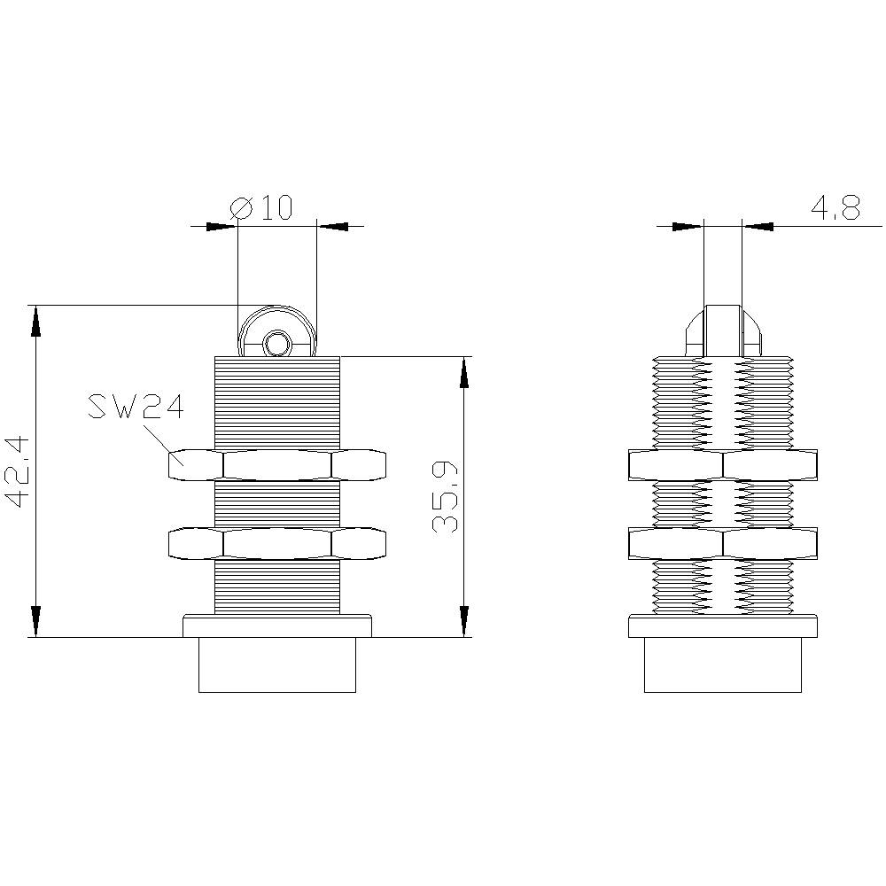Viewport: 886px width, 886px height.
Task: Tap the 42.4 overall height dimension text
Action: (x=19, y=470)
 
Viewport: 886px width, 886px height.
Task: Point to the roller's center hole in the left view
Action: (x=277, y=342)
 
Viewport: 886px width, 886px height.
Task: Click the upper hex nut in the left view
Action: (x=277, y=464)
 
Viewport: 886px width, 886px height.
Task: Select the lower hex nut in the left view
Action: (x=277, y=544)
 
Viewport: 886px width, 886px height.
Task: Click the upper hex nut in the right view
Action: (x=722, y=464)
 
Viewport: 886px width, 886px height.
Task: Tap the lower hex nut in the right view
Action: (x=722, y=542)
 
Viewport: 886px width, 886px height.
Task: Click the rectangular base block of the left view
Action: (x=277, y=664)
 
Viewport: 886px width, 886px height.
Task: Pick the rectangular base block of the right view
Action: (x=722, y=664)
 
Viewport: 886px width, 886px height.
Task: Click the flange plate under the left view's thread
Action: (x=277, y=626)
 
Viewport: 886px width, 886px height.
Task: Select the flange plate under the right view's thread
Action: (x=722, y=626)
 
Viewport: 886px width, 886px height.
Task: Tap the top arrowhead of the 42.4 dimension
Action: (x=35, y=319)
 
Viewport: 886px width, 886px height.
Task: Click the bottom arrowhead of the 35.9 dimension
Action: (x=462, y=622)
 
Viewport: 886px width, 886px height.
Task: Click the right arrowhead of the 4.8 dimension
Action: (x=758, y=226)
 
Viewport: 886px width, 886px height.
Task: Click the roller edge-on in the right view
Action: (x=722, y=330)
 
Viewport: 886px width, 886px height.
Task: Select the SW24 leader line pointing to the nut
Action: (x=157, y=437)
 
